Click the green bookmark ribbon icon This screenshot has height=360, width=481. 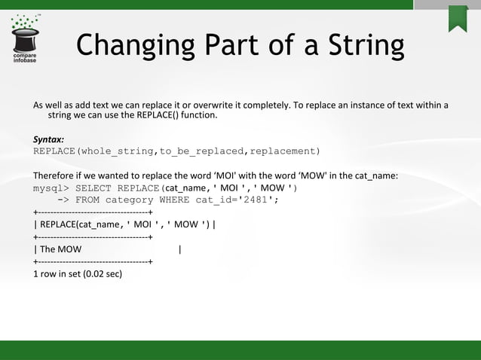click(x=458, y=18)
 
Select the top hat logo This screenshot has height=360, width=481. click(x=27, y=34)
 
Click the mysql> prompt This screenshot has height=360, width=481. click(x=51, y=188)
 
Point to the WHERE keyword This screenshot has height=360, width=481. click(x=174, y=200)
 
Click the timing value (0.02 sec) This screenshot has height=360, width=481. click(x=102, y=273)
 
